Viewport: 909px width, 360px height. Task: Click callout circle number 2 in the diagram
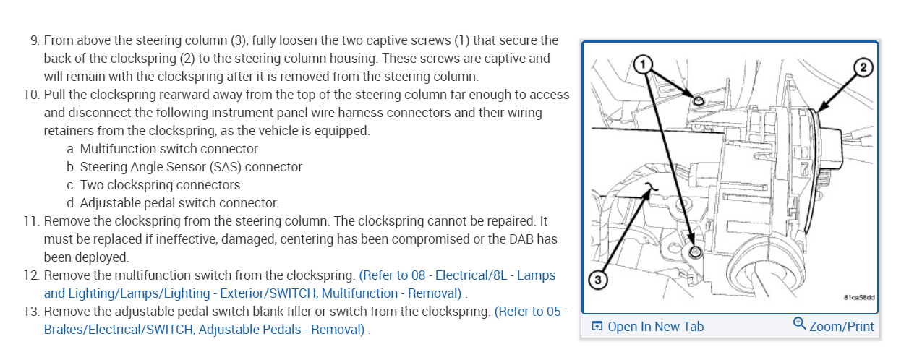[862, 68]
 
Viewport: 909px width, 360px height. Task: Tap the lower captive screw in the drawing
[695, 252]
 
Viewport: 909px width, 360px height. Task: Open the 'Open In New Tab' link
[655, 326]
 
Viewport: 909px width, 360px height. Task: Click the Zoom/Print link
[841, 326]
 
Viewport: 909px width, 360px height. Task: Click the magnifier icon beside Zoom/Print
[799, 324]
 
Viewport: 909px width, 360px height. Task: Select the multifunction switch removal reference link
[409, 275]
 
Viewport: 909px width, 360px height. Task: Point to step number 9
[35, 40]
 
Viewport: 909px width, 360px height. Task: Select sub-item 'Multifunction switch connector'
[168, 149]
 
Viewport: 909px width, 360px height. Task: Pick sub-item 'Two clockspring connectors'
[160, 185]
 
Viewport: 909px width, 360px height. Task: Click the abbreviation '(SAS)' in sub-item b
[208, 167]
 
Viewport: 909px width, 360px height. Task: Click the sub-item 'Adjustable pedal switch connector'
[179, 203]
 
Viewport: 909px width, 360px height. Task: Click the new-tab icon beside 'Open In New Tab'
[597, 326]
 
